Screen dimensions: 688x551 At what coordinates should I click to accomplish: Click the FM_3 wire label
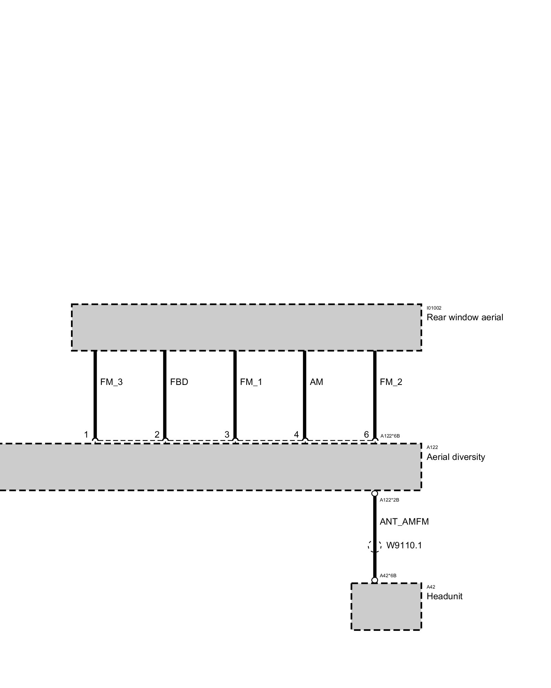tap(111, 382)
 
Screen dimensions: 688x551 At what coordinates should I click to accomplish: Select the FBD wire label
tap(179, 382)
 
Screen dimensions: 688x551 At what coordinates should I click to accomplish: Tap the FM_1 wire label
tap(251, 382)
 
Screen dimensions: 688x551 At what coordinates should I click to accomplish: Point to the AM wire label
tap(316, 382)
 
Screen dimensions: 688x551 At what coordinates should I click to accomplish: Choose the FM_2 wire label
tap(391, 382)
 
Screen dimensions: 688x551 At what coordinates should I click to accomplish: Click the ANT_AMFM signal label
tap(404, 522)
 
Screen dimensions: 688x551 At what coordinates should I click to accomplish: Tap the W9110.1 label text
tap(404, 546)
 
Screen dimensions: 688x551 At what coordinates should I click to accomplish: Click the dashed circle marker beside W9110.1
tap(375, 546)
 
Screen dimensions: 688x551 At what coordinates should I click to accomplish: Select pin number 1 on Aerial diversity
tap(86, 435)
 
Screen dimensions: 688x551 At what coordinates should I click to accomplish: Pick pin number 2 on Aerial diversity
tap(157, 435)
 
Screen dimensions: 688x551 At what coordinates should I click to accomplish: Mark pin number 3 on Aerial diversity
tap(227, 435)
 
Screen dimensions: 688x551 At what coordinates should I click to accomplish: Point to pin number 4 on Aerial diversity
tap(296, 435)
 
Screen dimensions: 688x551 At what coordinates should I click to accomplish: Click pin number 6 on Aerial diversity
tap(366, 435)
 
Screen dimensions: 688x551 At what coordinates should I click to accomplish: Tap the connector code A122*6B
tap(390, 436)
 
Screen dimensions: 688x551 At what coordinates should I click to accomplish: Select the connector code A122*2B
tap(389, 500)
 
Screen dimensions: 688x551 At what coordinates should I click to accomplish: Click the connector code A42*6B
tap(388, 576)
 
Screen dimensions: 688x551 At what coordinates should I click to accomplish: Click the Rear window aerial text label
tap(465, 318)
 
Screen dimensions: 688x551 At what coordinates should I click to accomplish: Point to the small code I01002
tap(434, 308)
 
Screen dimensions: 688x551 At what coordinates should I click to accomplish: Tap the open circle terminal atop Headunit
tap(375, 580)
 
